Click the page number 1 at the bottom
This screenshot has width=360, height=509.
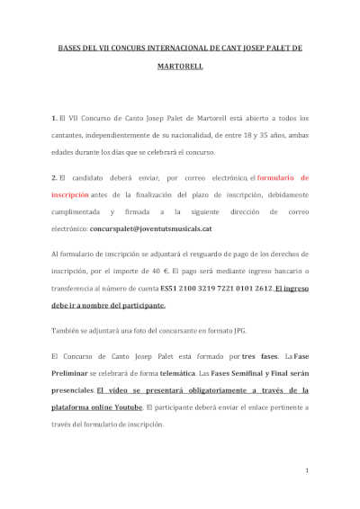tap(307, 469)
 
